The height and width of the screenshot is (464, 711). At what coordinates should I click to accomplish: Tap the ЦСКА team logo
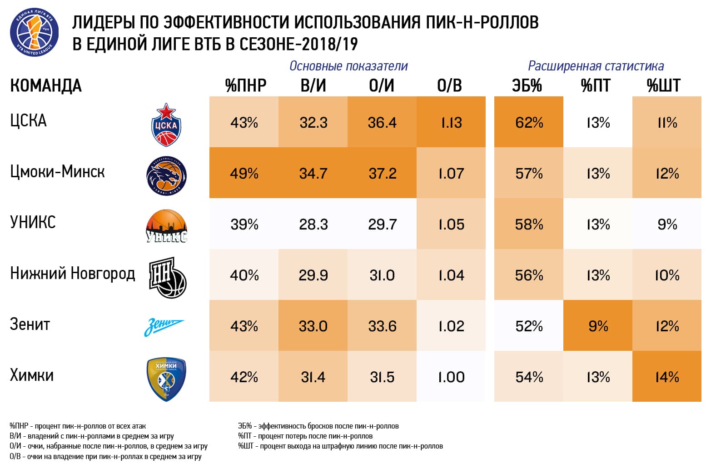pos(166,125)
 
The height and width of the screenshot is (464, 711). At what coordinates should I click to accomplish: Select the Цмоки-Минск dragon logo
pos(166,175)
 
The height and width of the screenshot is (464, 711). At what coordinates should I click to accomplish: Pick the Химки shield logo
pos(166,379)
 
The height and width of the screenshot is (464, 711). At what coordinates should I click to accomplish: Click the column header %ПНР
pos(245,85)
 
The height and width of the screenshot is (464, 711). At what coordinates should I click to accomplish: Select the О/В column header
pos(449,85)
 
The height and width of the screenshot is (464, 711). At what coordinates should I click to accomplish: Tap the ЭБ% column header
pos(527,85)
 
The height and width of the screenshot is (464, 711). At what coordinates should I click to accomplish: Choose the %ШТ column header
pos(664,85)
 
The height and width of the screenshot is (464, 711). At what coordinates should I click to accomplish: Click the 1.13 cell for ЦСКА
pos(451,122)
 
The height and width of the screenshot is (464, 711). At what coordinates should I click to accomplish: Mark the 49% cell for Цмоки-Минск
pos(244,173)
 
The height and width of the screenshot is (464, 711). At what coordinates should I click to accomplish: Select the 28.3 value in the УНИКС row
pos(313,224)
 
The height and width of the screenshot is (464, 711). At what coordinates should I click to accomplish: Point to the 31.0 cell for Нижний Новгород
pos(382,275)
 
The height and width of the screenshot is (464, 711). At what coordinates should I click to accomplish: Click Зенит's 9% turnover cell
pos(598,326)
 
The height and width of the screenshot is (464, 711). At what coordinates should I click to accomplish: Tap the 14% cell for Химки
pos(667,377)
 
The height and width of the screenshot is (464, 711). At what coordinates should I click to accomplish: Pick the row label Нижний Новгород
pos(73,274)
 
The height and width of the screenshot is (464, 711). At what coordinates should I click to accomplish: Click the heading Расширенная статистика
pos(596,66)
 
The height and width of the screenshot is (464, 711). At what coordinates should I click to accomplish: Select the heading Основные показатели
pos(348,66)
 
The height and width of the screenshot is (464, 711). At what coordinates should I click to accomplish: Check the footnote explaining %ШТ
pos(340,446)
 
